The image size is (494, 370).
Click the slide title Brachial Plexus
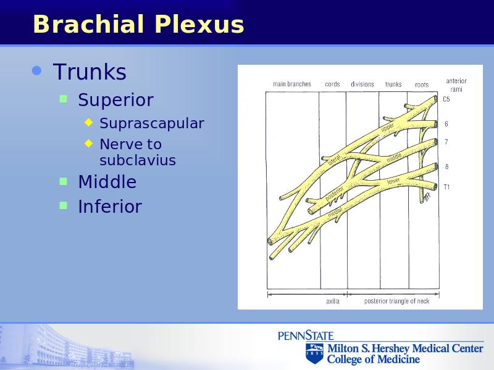tap(138, 24)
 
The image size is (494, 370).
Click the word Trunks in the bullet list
tap(90, 72)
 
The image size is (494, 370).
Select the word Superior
tap(115, 100)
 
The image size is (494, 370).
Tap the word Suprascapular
tap(152, 123)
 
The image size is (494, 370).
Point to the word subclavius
tap(138, 160)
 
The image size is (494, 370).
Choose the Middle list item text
tap(107, 182)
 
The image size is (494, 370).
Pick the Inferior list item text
tap(110, 207)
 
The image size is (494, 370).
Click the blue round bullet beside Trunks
tap(37, 70)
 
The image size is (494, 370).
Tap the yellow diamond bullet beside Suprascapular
tap(89, 122)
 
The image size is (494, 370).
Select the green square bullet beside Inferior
tap(64, 206)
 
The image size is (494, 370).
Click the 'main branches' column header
tap(292, 84)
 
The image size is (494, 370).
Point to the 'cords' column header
tap(332, 84)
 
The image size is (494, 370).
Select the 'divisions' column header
tap(362, 84)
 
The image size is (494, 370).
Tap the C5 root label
tap(446, 99)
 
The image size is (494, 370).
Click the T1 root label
tap(446, 187)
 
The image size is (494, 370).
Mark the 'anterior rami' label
tap(456, 85)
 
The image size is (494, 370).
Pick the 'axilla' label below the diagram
tap(333, 302)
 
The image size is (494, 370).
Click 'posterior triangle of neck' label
tap(396, 301)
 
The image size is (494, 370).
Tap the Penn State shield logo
tap(314, 353)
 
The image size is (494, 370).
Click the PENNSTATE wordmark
tap(306, 335)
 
